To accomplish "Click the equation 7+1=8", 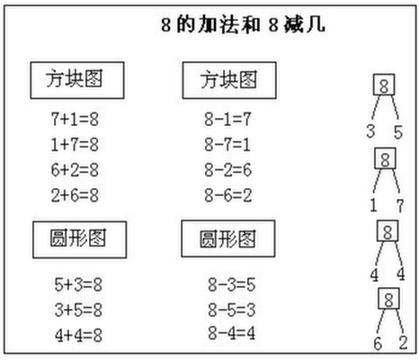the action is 75,119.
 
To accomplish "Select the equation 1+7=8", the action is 75,144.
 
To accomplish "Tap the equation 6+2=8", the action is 75,170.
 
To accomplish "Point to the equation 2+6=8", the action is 75,195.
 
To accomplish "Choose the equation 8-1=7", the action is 227,119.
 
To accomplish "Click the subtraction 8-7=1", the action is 227,144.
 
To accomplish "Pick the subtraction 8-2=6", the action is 227,170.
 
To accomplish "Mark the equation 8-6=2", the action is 227,195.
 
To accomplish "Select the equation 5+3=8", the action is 78,284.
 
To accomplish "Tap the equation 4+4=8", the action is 78,336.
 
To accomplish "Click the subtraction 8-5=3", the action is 232,310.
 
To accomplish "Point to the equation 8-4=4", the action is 232,333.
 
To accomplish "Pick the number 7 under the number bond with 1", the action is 400,206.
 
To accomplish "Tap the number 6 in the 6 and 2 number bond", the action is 378,344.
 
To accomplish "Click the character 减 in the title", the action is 294,24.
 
